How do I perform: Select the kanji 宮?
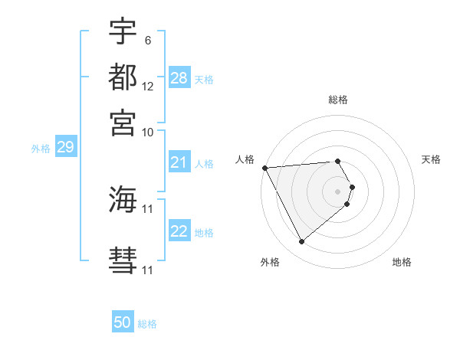(x=123, y=122)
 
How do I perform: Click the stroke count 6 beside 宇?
(x=147, y=40)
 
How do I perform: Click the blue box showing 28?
(x=179, y=78)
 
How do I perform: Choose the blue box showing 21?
(x=179, y=162)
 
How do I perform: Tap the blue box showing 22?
(x=179, y=231)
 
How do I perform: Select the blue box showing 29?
(x=65, y=147)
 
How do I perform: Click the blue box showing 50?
(x=123, y=322)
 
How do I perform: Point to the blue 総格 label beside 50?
(x=147, y=324)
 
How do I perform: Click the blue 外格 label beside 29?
(x=41, y=149)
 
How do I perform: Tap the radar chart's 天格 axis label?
(x=431, y=159)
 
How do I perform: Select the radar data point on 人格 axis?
(x=264, y=168)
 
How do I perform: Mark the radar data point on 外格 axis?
(x=301, y=242)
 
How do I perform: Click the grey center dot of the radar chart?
(x=338, y=191)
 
